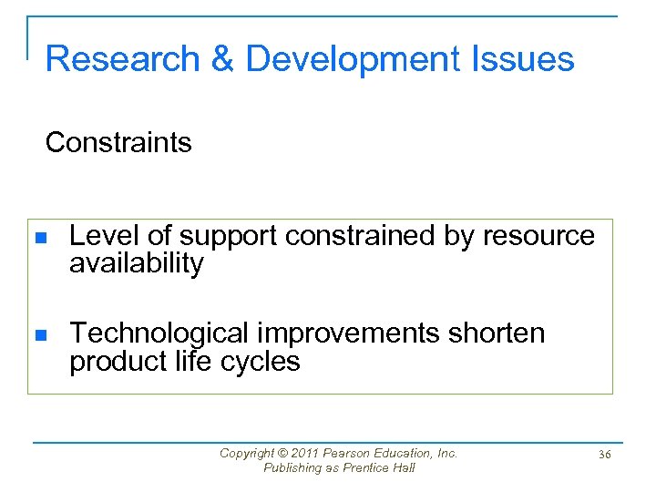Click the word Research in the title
122,59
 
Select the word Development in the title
353,59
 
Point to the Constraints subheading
118,142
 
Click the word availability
137,264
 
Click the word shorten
497,333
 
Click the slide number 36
604,453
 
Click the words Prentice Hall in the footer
376,467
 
